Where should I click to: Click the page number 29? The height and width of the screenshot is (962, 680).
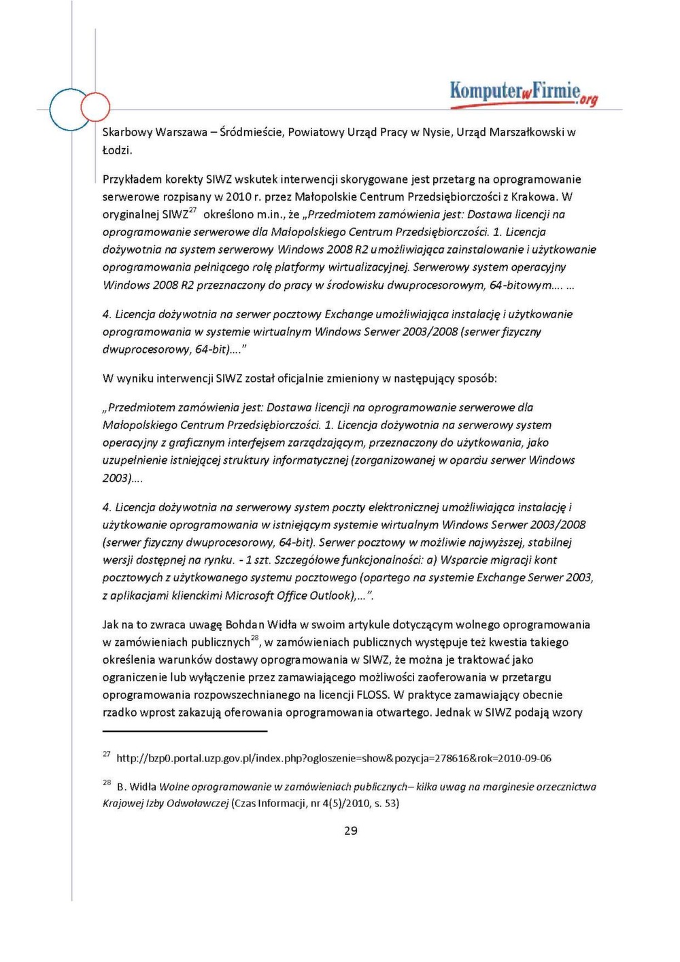click(351, 830)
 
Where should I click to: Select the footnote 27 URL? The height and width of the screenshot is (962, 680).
click(333, 758)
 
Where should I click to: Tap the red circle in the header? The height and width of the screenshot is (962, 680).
click(95, 107)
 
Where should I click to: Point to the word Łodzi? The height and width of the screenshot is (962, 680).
click(117, 150)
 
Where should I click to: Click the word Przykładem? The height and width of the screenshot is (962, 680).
click(132, 179)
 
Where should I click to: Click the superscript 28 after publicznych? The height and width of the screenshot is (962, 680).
click(255, 638)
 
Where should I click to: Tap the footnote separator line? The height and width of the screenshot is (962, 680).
click(185, 732)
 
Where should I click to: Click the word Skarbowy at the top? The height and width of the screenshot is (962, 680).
click(127, 132)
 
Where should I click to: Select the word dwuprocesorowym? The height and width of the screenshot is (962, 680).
click(436, 285)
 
